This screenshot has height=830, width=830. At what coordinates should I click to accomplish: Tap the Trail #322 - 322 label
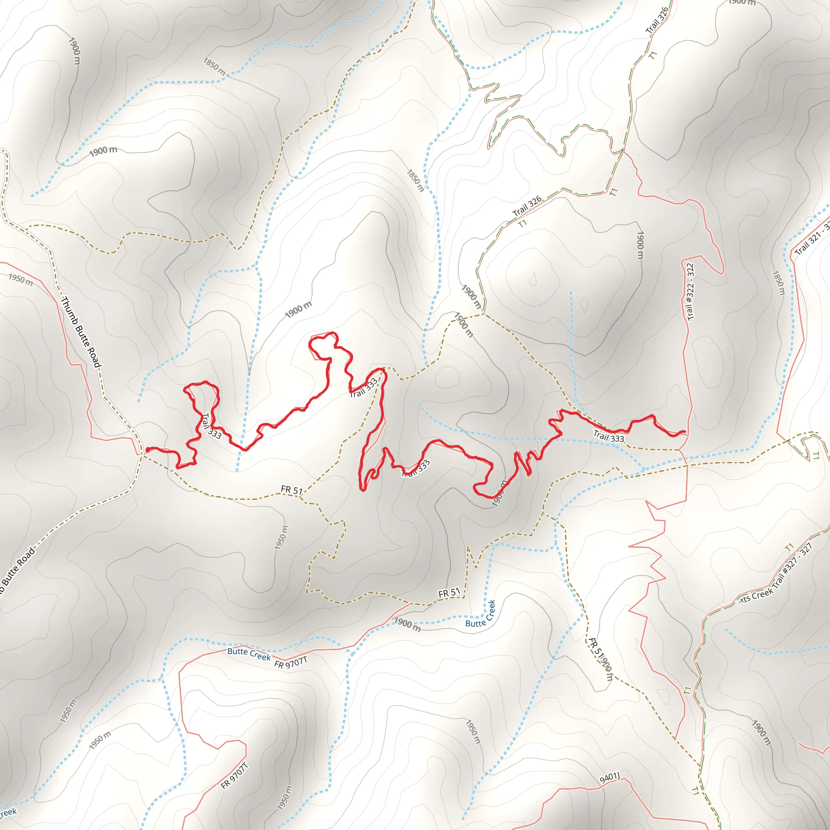[690, 292]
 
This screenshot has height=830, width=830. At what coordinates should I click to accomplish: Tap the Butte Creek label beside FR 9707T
[249, 654]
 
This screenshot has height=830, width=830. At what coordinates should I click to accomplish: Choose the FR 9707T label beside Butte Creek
[291, 663]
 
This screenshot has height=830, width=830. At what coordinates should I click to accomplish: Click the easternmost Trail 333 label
[608, 436]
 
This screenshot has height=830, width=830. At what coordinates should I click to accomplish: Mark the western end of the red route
[148, 450]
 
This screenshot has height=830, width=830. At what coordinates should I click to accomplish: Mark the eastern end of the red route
[685, 432]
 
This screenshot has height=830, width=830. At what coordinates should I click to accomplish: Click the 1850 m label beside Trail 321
[779, 283]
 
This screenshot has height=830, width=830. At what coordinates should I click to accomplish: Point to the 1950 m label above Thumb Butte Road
[21, 279]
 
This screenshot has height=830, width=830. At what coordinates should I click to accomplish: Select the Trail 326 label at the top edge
[657, 20]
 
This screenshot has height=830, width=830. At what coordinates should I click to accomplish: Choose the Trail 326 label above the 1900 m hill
[527, 206]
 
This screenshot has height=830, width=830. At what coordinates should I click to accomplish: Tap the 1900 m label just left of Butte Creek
[407, 624]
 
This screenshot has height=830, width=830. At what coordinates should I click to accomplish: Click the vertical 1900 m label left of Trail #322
[640, 245]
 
